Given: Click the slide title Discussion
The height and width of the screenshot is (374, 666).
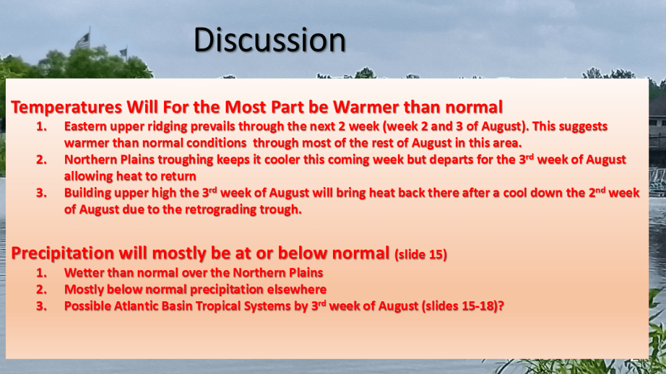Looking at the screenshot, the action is click(270, 40).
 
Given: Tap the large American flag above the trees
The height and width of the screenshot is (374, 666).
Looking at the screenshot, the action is click(83, 41).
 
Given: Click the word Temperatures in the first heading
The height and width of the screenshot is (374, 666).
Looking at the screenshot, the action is click(66, 107).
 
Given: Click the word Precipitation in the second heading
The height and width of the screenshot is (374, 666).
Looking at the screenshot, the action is click(63, 253).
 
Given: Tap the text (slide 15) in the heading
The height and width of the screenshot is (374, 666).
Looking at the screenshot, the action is click(421, 255).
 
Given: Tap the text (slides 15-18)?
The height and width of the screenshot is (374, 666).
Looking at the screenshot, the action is click(463, 306).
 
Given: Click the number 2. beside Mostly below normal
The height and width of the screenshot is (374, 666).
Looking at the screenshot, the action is click(41, 289).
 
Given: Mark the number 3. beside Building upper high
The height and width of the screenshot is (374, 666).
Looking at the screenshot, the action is click(41, 193).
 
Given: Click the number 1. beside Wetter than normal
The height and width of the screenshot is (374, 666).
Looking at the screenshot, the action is click(41, 273).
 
